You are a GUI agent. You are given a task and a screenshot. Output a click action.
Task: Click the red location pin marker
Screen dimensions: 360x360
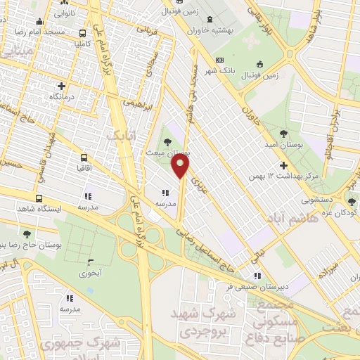pyautogui.click(x=181, y=166)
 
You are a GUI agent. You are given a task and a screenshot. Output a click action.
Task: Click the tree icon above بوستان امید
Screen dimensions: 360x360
pyautogui.click(x=283, y=132)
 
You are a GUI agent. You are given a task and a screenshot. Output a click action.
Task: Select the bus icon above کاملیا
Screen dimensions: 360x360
pyautogui.click(x=84, y=32)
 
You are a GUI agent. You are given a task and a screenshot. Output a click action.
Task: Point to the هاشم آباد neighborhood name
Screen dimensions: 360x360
pyautogui.click(x=283, y=219)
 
